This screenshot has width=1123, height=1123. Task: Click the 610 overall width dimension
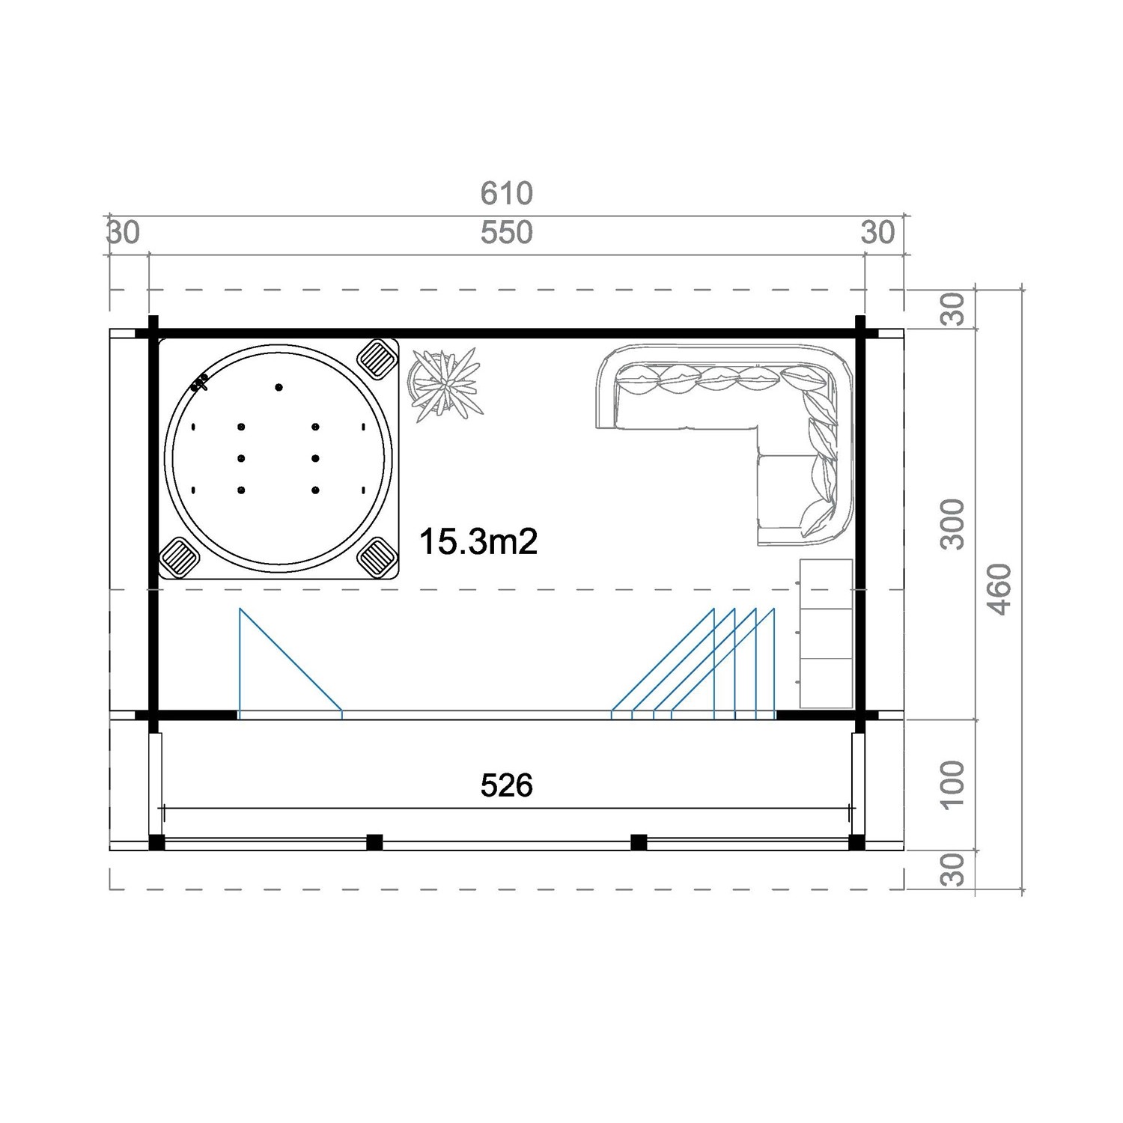[x=507, y=193]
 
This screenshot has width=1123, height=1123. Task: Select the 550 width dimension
[x=507, y=233]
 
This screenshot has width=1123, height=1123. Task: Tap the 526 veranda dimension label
[x=507, y=785]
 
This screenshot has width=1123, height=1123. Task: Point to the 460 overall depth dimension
[x=1000, y=589]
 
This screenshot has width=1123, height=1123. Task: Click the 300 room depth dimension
[x=952, y=524]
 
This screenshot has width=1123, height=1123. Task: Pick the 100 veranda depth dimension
[x=952, y=785]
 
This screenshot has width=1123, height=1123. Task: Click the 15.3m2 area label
[x=478, y=541]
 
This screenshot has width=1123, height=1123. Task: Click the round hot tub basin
[x=278, y=457]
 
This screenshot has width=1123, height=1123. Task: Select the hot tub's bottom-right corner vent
[x=377, y=557]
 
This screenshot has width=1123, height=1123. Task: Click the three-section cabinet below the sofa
[x=827, y=633]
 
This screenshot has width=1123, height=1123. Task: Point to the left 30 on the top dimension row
[x=124, y=233]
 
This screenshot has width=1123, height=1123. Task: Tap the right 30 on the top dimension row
[x=877, y=233]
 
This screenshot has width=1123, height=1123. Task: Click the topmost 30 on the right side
[x=952, y=308]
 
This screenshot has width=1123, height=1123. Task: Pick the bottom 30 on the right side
[x=952, y=870]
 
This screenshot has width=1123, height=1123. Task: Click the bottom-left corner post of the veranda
[x=156, y=842]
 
